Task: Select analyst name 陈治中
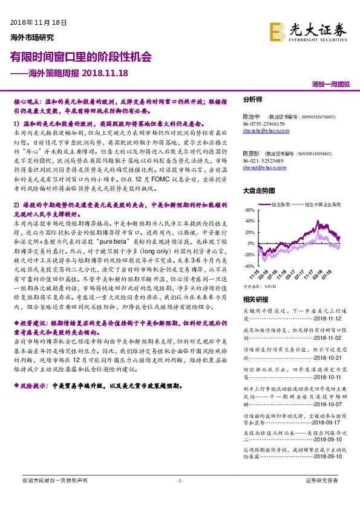pos(251,117)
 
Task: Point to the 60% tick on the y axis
pos(249,211)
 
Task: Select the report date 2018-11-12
pos(332,319)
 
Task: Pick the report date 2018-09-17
pos(332,406)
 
